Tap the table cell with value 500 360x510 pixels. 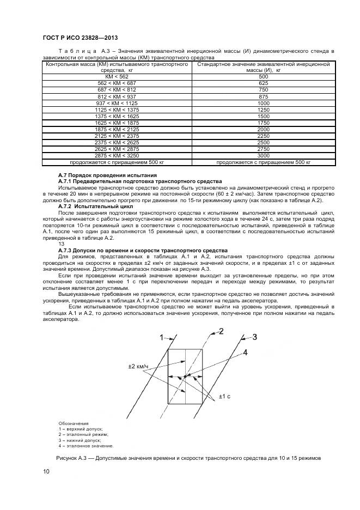click(x=263, y=76)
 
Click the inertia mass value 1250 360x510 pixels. click(x=263, y=110)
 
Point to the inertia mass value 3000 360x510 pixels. click(x=263, y=156)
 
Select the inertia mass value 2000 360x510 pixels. click(x=263, y=129)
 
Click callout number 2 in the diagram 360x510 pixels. click(x=221, y=331)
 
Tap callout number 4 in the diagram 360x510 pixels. click(x=245, y=353)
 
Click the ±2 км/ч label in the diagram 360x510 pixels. click(x=138, y=367)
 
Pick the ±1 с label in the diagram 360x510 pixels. click(x=224, y=396)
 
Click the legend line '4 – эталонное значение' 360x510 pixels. click(x=86, y=446)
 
